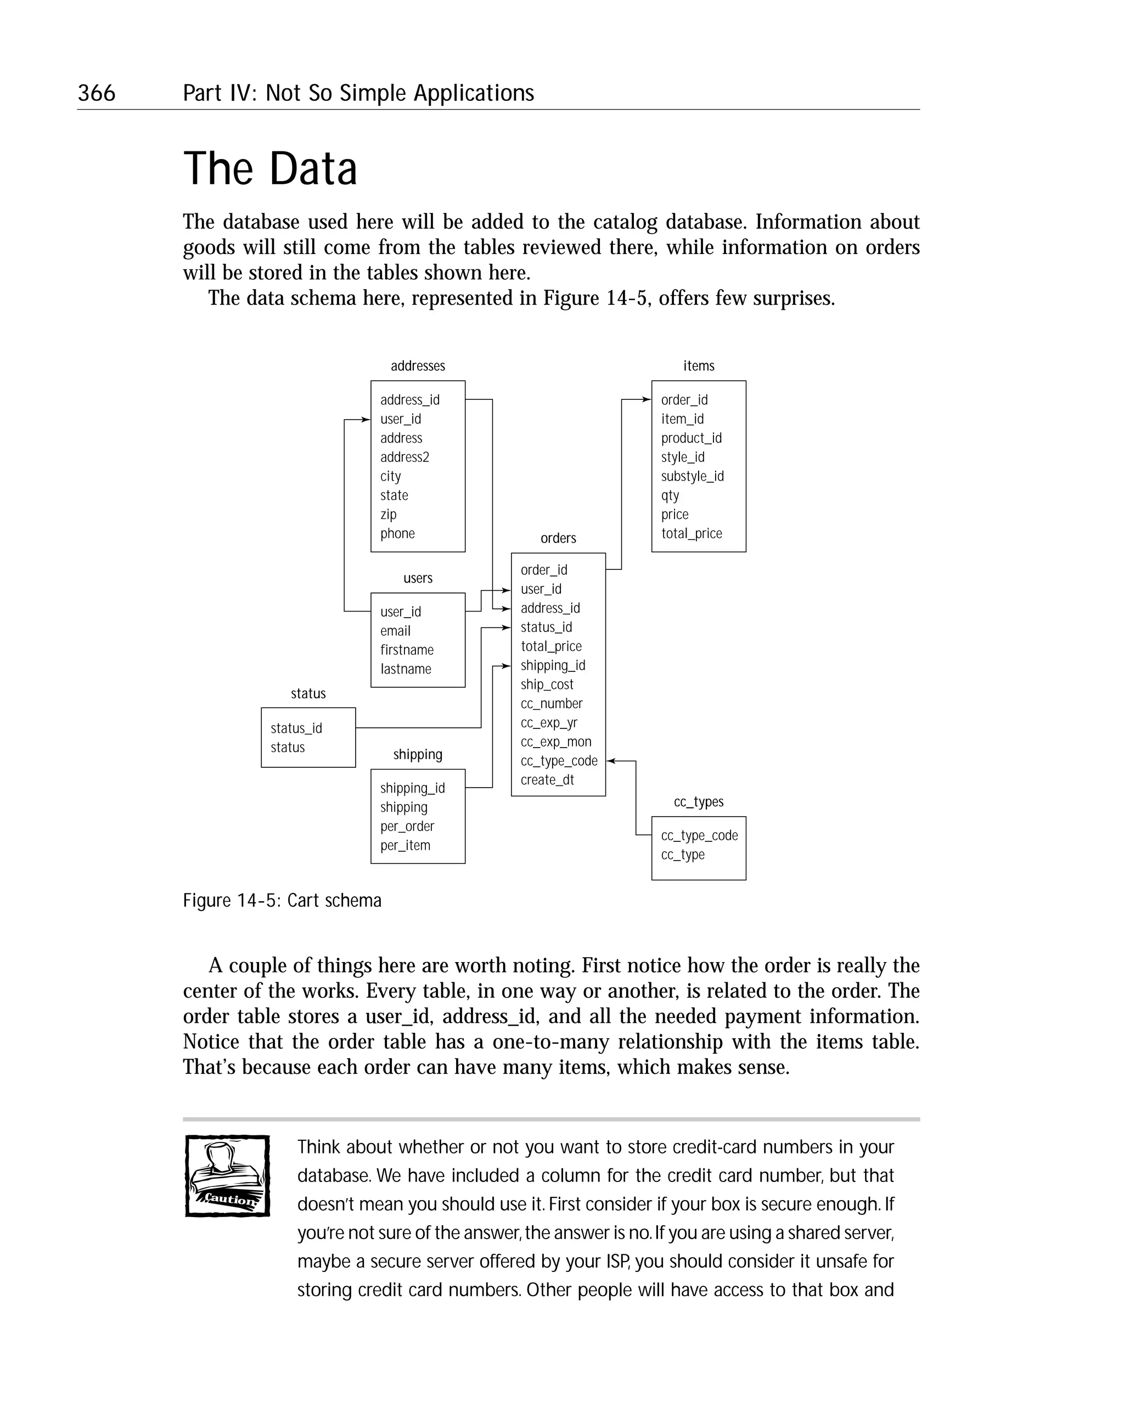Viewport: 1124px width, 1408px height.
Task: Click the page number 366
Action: coord(97,93)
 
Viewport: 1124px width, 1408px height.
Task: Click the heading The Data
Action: coord(270,168)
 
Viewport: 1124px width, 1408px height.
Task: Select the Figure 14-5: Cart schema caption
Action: coord(282,901)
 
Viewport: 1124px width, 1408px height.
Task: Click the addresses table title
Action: coord(418,366)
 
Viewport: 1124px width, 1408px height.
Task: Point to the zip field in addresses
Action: coord(388,514)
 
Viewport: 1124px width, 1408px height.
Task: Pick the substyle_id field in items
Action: coord(692,477)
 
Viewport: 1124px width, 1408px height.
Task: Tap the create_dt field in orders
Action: coord(547,781)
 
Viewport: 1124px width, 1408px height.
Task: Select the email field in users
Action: coord(395,631)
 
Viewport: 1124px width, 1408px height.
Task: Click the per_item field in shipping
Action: coord(405,846)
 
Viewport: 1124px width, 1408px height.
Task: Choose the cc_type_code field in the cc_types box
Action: coord(699,836)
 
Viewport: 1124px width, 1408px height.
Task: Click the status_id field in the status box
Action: coord(296,729)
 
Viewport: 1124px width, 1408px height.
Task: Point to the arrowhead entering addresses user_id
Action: coord(366,419)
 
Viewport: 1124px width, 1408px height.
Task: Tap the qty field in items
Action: coord(670,496)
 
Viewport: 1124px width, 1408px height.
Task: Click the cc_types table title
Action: coord(699,802)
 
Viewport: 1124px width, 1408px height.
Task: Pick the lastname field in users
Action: coord(406,669)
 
